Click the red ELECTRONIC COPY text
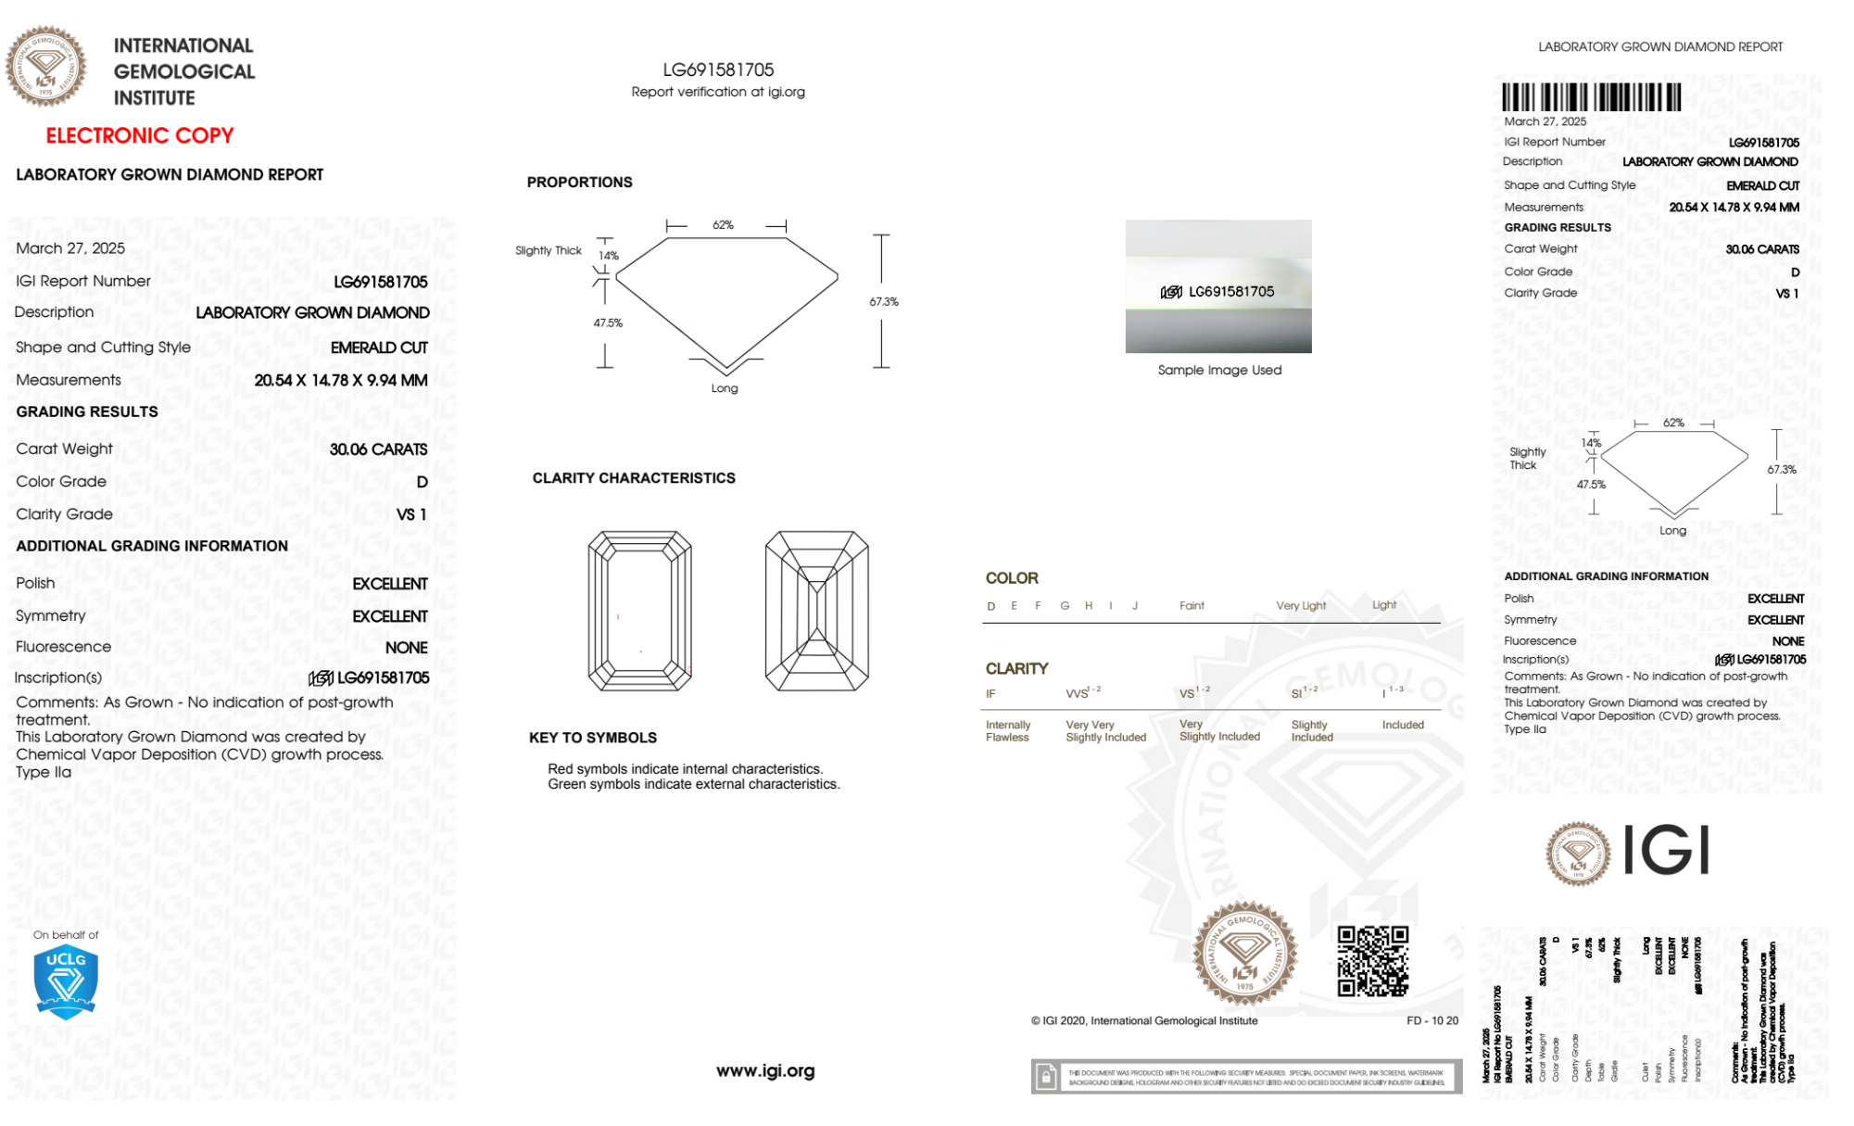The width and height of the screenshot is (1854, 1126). click(139, 135)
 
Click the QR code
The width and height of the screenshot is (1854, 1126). click(1372, 961)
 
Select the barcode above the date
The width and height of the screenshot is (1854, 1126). click(1591, 97)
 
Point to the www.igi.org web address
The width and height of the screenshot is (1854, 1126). click(765, 1070)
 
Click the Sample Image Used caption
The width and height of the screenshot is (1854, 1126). click(1219, 370)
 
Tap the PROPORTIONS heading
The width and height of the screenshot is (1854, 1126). click(579, 183)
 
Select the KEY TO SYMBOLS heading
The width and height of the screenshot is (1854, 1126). click(593, 738)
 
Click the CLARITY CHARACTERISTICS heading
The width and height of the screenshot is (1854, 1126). click(634, 478)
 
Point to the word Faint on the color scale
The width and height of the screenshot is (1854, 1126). click(1192, 606)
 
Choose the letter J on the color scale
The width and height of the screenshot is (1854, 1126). click(1135, 606)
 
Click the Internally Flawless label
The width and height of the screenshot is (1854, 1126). click(1007, 731)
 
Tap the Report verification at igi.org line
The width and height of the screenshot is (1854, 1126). click(718, 92)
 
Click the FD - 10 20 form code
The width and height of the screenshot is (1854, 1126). click(1431, 1020)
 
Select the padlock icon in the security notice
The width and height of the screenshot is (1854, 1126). click(1046, 1077)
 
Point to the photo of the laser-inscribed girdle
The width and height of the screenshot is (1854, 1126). click(1218, 286)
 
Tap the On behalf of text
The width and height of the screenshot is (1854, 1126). click(66, 935)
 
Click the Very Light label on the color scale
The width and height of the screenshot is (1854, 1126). click(1301, 606)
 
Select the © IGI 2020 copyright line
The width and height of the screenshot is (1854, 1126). click(1144, 1020)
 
